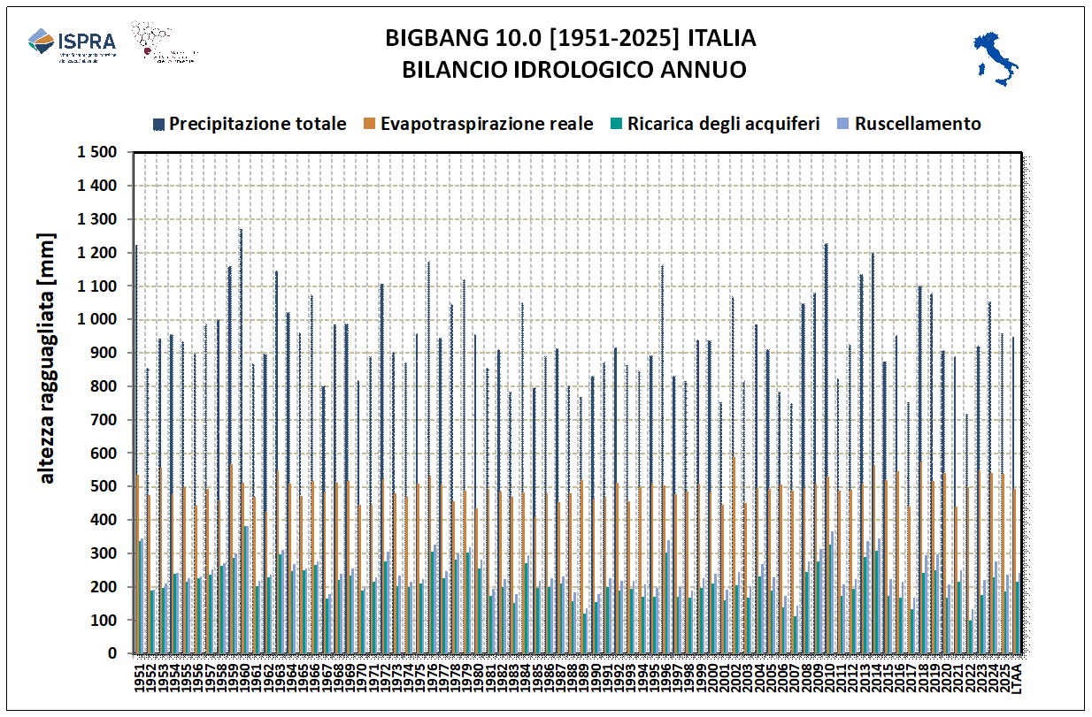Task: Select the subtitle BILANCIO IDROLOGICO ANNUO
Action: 573,70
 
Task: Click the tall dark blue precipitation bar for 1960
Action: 240,442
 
